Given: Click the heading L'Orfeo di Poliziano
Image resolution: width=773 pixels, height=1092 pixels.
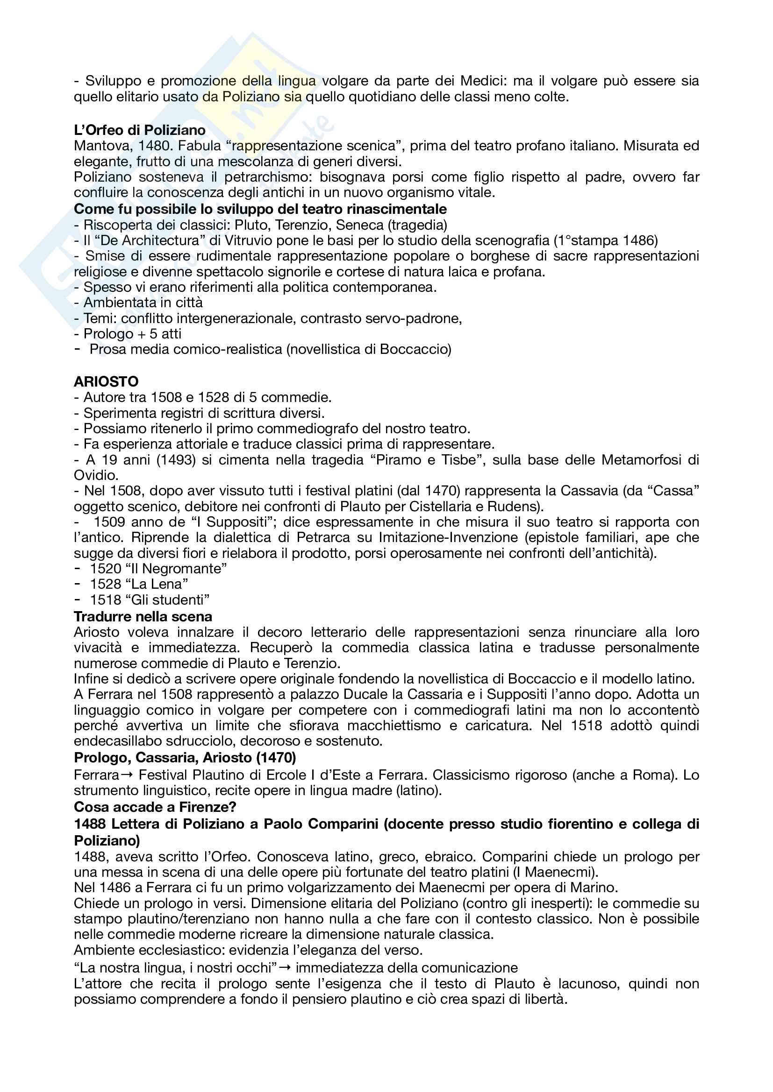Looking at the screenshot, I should pos(139,130).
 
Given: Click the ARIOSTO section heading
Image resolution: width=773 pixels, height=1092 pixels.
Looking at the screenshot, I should pos(106,381).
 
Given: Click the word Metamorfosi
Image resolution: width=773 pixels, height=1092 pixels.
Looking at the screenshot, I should pos(641,459).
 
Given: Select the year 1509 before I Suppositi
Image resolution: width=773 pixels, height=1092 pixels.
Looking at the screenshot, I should pos(110,522).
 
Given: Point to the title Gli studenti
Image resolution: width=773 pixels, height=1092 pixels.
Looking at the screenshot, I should pos(168,600).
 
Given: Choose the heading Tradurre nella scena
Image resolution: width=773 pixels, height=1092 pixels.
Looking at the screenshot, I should pos(143,616).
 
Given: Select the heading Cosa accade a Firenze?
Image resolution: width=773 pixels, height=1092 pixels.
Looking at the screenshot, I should pos(155,807).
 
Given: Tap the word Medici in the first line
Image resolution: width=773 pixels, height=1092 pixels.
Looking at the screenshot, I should pos(487,81).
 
